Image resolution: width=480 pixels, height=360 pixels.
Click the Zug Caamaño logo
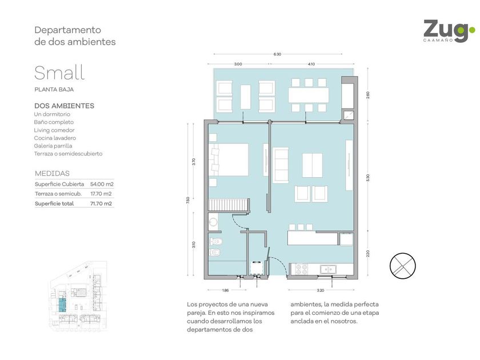pyautogui.click(x=449, y=31)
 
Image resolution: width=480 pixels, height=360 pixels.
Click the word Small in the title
pyautogui.click(x=59, y=73)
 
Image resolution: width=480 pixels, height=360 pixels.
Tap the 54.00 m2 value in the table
pyautogui.click(x=102, y=184)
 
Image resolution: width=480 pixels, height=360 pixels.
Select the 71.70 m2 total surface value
pyautogui.click(x=101, y=203)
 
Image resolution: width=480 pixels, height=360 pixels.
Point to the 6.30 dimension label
pyautogui.click(x=277, y=54)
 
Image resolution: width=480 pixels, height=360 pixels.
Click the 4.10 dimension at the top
pyautogui.click(x=311, y=64)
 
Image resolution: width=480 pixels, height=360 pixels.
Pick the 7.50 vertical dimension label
pyautogui.click(x=188, y=199)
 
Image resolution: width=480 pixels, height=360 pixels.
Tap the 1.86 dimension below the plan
pyautogui.click(x=225, y=290)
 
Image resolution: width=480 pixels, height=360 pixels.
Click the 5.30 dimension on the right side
pyautogui.click(x=367, y=178)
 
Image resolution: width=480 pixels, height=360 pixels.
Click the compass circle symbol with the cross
pyautogui.click(x=402, y=266)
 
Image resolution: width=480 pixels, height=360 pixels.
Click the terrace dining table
pyautogui.click(x=309, y=95)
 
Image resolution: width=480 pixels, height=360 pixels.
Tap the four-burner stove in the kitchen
pyautogui.click(x=302, y=269)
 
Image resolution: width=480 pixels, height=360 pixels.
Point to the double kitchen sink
pyautogui.click(x=328, y=269)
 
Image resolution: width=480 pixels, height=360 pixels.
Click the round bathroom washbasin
pyautogui.click(x=213, y=222)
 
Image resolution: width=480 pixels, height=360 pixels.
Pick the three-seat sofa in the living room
pyautogui.click(x=281, y=165)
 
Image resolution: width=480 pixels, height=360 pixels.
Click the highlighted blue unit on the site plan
pyautogui.click(x=62, y=305)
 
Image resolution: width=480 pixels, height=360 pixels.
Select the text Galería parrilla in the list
pyautogui.click(x=53, y=146)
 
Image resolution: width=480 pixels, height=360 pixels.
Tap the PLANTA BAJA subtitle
pyautogui.click(x=54, y=90)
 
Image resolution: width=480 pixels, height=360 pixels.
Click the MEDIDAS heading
pyautogui.click(x=53, y=173)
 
